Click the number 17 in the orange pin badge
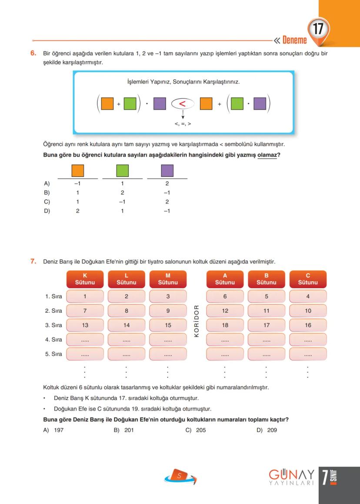pyautogui.click(x=318, y=30)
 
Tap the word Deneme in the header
pyautogui.click(x=294, y=40)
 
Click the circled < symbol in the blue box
pyautogui.click(x=183, y=104)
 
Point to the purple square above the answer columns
pyautogui.click(x=167, y=170)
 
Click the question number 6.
pyautogui.click(x=33, y=53)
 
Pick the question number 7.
pyautogui.click(x=33, y=261)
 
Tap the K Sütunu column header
pyautogui.click(x=85, y=279)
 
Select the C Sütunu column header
pyautogui.click(x=308, y=279)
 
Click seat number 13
pyautogui.click(x=85, y=325)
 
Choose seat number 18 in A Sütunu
pyautogui.click(x=225, y=325)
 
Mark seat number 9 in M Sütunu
pyautogui.click(x=168, y=311)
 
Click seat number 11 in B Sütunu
pyautogui.click(x=267, y=311)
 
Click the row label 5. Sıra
pyautogui.click(x=53, y=354)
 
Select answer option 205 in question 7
pyautogui.click(x=200, y=430)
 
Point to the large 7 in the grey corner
pyautogui.click(x=325, y=477)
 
